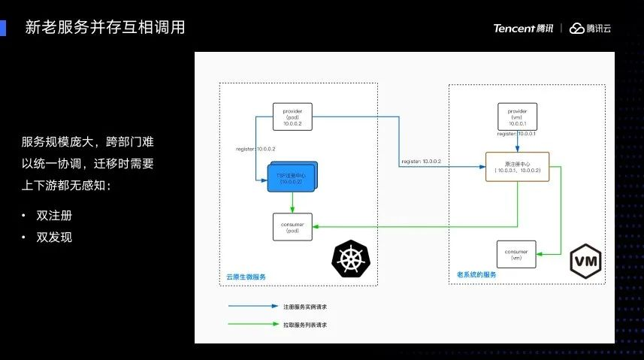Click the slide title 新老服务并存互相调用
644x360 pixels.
tap(105, 28)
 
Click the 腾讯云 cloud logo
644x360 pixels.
tap(591, 29)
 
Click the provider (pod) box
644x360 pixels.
tap(292, 117)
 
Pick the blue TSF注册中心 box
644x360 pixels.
tap(289, 177)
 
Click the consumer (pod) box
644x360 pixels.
tap(292, 227)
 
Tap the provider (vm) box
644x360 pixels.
tap(517, 117)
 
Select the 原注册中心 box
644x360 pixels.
tap(517, 167)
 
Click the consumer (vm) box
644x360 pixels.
tap(516, 254)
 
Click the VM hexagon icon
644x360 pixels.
tap(585, 261)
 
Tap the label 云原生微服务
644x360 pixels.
tap(246, 277)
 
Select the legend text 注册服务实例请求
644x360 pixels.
tap(304, 307)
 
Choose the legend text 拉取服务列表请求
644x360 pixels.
tap(304, 325)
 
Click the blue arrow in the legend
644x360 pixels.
tap(253, 307)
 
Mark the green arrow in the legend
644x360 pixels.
tap(253, 325)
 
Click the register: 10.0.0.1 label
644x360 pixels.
tap(516, 133)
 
